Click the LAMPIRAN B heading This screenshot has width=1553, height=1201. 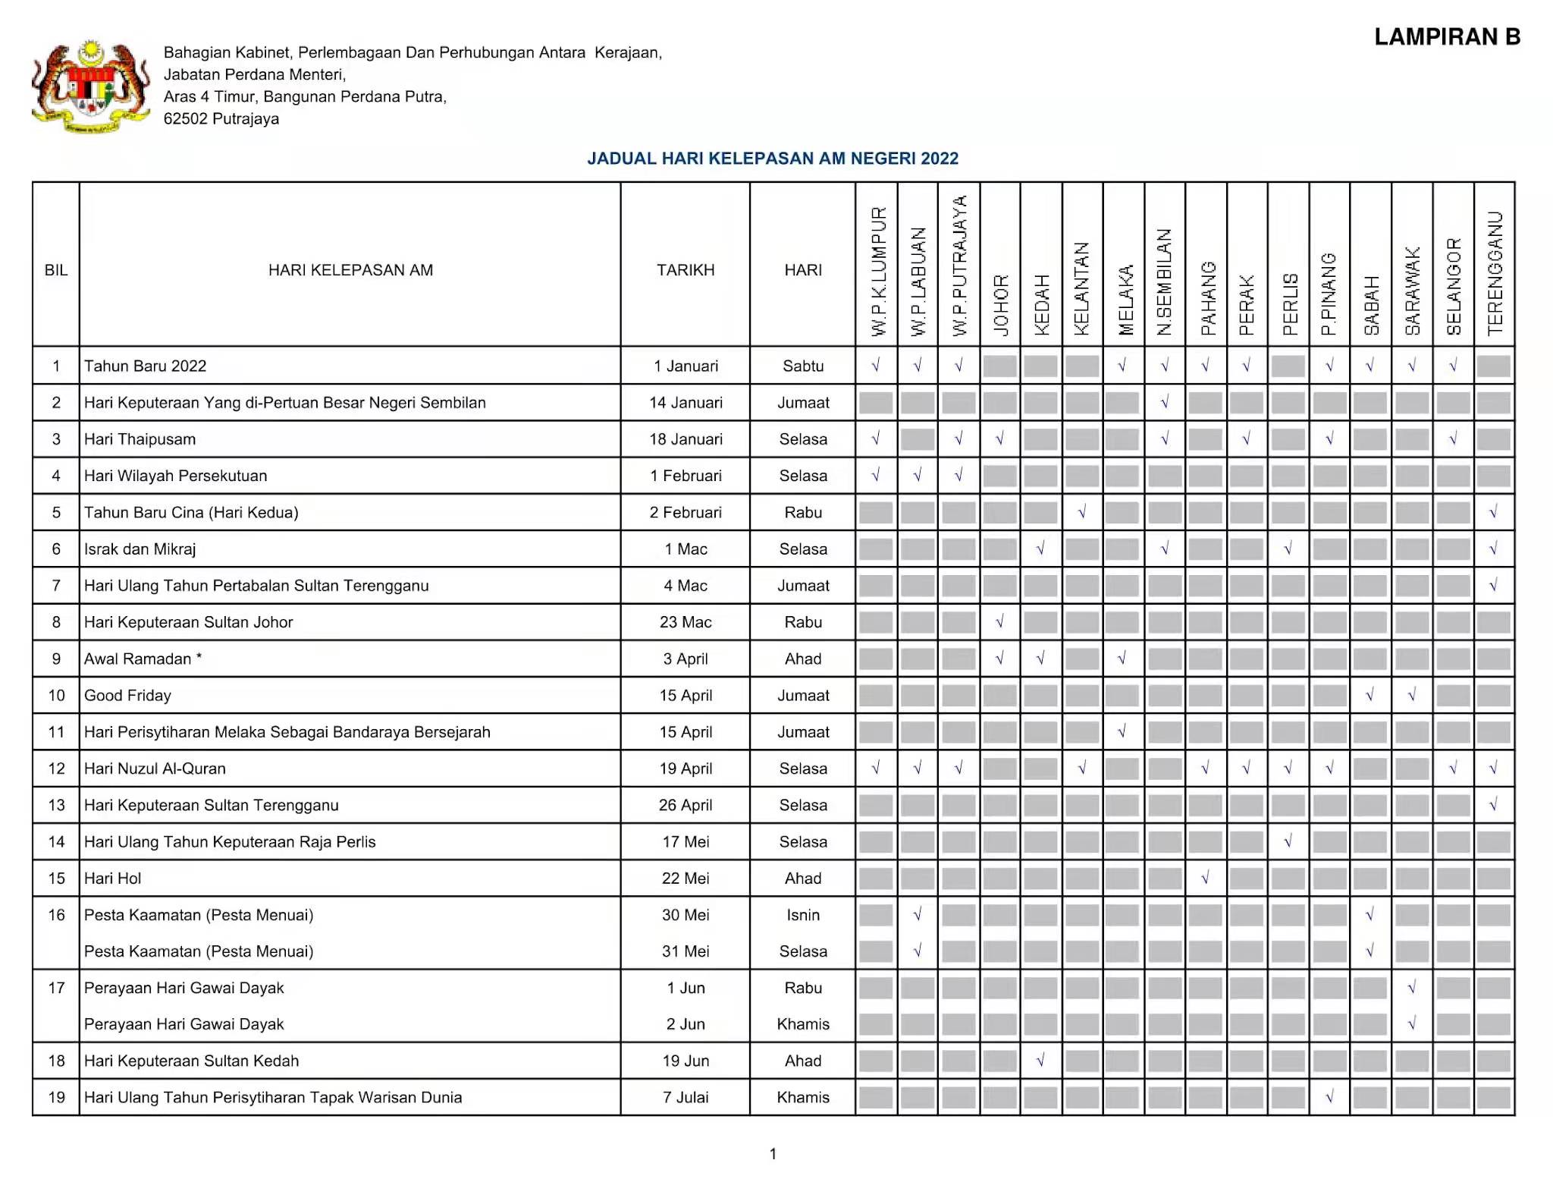[x=1447, y=37]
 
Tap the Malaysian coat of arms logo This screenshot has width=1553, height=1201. [x=90, y=86]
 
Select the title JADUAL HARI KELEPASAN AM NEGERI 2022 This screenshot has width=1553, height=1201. [x=772, y=159]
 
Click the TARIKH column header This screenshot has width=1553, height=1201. [x=685, y=270]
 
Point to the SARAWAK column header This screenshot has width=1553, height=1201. [x=1412, y=291]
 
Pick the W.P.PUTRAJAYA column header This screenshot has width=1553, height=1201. [x=959, y=266]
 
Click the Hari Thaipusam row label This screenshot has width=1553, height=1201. [x=140, y=439]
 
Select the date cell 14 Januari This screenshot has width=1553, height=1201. [x=685, y=403]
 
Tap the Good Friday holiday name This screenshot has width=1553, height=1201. [x=127, y=696]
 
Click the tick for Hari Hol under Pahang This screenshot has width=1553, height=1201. [x=1205, y=879]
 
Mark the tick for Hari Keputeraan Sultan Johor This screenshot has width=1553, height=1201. [x=999, y=622]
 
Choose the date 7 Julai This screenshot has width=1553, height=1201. [x=685, y=1097]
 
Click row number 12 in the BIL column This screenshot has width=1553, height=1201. [x=56, y=769]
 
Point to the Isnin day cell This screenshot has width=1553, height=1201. [x=802, y=915]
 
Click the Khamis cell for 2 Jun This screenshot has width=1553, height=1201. [x=802, y=1024]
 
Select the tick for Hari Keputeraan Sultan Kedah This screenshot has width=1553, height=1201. [x=1040, y=1061]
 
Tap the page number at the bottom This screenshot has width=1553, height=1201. [x=773, y=1154]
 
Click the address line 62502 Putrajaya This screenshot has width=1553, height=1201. [x=221, y=119]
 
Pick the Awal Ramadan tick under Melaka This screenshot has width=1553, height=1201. [x=1122, y=659]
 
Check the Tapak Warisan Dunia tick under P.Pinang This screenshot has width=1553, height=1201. [x=1329, y=1097]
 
